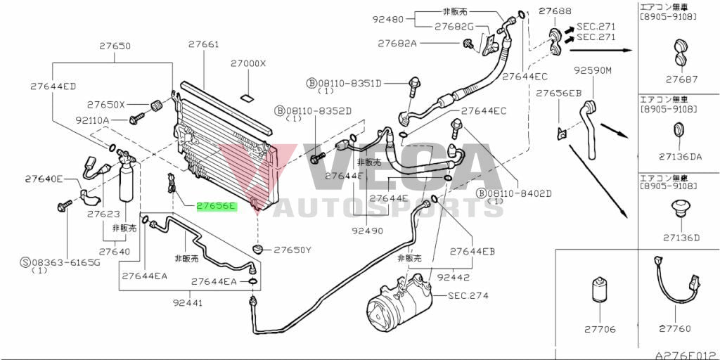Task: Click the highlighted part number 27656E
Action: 217,207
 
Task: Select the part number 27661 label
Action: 203,45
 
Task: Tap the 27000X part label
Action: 248,63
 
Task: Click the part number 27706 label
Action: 599,328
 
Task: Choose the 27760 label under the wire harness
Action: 674,328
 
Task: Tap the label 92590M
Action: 593,70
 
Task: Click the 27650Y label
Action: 292,250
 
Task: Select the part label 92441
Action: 188,304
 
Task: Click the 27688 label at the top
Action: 555,11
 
